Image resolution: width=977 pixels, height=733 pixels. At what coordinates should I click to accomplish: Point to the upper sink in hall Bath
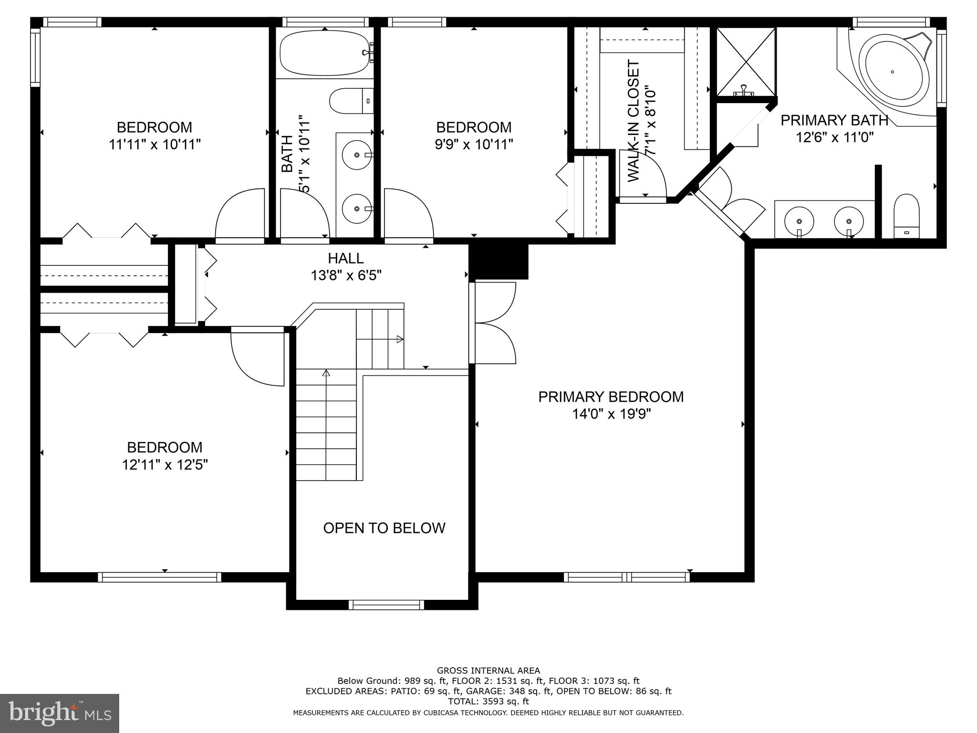(357, 155)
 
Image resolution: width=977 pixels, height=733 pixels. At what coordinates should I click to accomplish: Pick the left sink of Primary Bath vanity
(799, 221)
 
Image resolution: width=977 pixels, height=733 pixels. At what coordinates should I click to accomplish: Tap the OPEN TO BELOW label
(384, 528)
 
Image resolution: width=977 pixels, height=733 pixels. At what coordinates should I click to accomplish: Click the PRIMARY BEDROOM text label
(611, 397)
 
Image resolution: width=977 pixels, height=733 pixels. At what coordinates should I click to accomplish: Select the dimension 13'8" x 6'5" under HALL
(346, 275)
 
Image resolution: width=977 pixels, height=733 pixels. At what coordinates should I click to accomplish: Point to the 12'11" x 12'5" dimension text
(165, 464)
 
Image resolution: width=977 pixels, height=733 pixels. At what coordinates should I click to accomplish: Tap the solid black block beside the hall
(499, 262)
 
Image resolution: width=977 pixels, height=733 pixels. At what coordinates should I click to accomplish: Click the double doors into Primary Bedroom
(494, 323)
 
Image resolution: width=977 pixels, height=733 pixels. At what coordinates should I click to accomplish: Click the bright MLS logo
(60, 713)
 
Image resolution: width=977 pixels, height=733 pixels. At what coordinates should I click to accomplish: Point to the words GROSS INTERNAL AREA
(488, 671)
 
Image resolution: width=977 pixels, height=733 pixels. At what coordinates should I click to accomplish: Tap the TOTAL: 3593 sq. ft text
(488, 701)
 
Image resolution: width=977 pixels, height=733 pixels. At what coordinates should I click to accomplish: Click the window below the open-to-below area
(386, 605)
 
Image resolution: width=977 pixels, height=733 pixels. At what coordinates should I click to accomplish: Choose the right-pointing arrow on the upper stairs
(400, 339)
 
